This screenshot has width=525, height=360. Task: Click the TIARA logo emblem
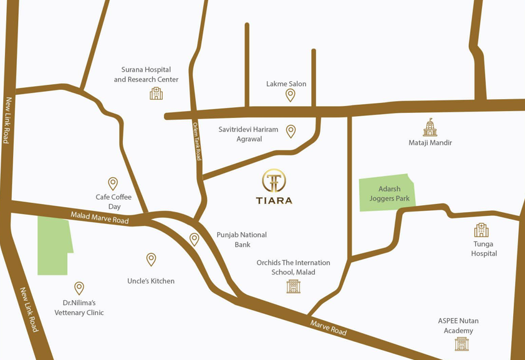point(274,181)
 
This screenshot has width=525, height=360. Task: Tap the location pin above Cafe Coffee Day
point(113,183)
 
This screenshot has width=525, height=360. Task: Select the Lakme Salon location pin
point(290,95)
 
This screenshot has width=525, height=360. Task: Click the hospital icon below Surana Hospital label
point(156,93)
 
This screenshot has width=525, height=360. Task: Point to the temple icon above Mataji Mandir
point(430,127)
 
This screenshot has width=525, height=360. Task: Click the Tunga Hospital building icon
point(481,230)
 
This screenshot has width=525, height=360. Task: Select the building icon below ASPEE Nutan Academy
point(461,343)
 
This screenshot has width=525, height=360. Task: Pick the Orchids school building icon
point(293,286)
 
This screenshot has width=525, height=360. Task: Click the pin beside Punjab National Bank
point(195,239)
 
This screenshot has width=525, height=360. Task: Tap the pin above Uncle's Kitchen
point(151,259)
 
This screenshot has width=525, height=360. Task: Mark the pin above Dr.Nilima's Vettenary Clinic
point(79,288)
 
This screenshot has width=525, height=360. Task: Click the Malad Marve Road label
point(100,217)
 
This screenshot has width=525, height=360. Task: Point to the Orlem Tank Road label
point(197,141)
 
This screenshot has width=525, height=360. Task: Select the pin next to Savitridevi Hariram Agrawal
point(291,131)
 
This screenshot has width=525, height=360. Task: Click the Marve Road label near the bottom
point(329,327)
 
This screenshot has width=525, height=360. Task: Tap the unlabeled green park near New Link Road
point(54,245)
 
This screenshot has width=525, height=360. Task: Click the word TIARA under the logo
point(274,200)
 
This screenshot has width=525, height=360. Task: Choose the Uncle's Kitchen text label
point(151,281)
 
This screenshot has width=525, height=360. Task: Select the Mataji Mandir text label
point(430,143)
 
